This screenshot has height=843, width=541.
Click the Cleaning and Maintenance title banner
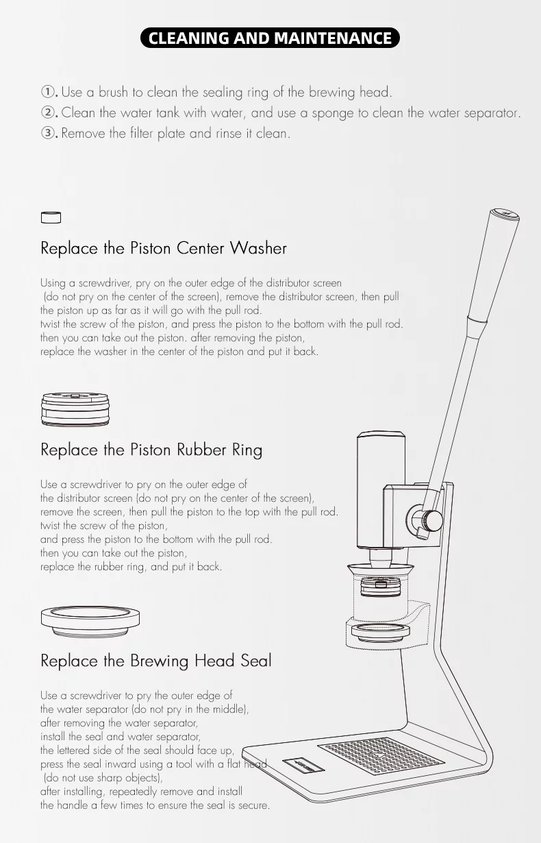coord(270,38)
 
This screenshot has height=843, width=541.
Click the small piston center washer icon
coord(51,217)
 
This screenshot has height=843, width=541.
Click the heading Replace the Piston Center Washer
coord(164,248)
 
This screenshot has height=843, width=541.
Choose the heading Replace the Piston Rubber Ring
coord(151,450)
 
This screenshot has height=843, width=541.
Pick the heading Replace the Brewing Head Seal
coord(156,661)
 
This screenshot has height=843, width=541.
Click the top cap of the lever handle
coord(504,214)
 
